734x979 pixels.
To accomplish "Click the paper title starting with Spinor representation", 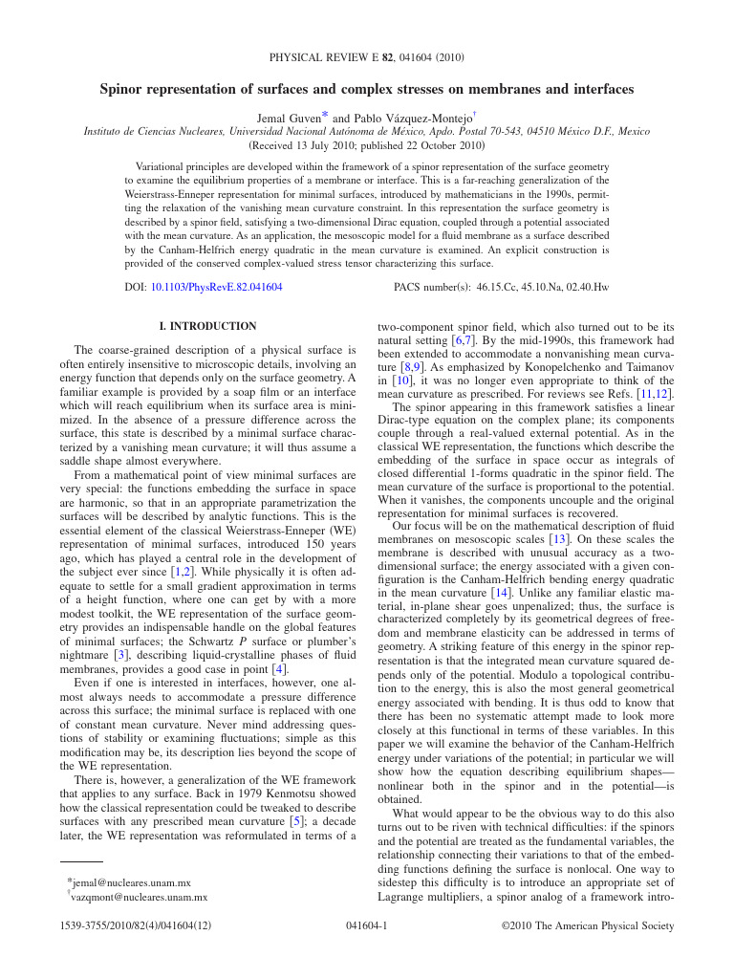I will coord(367,89).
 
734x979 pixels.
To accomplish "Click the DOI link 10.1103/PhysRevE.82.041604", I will coord(216,286).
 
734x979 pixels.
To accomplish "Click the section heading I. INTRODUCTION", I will coord(207,326).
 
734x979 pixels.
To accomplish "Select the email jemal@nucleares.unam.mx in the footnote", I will coord(131,882).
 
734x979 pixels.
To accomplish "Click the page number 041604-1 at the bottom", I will coord(366,926).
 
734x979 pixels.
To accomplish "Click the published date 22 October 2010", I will coord(436,146).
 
